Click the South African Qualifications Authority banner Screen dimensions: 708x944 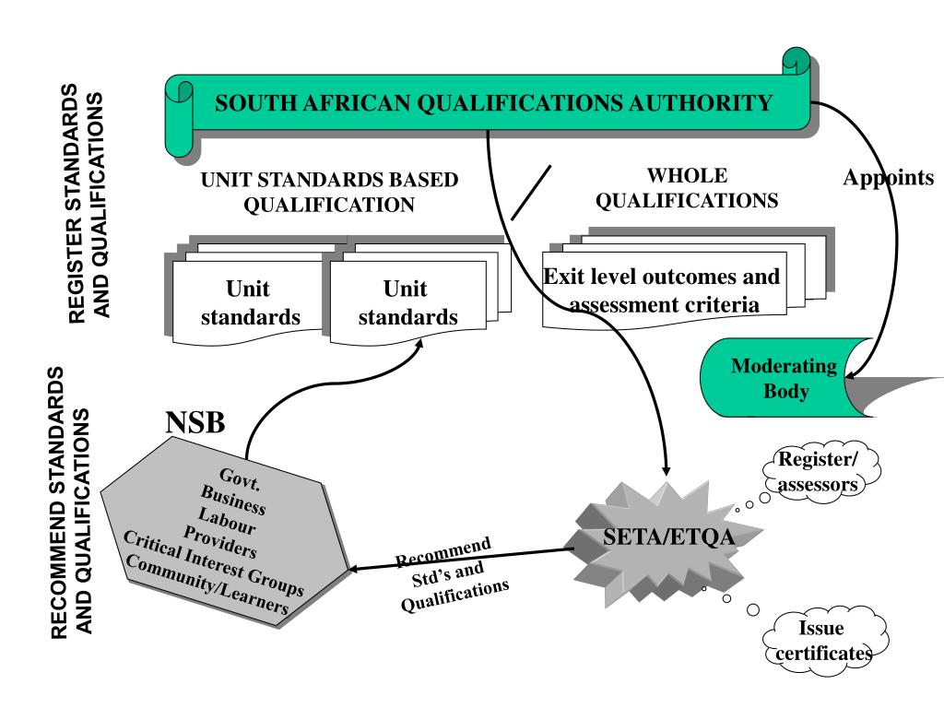(493, 102)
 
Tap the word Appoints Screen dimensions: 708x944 (888, 178)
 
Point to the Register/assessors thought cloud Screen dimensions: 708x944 (818, 472)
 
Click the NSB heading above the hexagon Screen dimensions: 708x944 (195, 423)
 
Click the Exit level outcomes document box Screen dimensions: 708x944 (661, 289)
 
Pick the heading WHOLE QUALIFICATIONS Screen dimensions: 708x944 (687, 188)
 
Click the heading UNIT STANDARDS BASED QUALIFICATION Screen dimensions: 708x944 (329, 193)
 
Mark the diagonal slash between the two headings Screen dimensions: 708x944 (531, 193)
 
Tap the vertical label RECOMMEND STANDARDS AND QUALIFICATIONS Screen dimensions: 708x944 (70, 502)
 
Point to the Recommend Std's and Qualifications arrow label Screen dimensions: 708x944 (452, 577)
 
